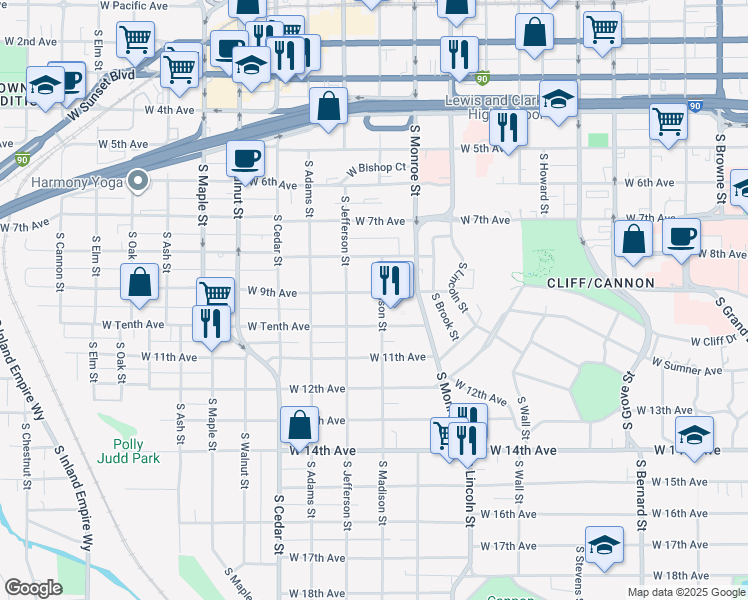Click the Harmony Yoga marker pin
(x=138, y=182)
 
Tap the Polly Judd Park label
(x=122, y=452)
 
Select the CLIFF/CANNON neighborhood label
(x=600, y=283)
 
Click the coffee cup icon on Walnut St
(x=245, y=158)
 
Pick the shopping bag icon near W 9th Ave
(x=140, y=283)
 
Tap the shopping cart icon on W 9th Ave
(x=215, y=294)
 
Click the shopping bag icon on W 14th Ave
(x=299, y=425)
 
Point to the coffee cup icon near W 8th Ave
(x=681, y=237)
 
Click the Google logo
(x=33, y=588)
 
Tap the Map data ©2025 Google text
(x=687, y=592)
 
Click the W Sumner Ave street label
(x=687, y=368)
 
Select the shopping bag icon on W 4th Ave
(x=328, y=105)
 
